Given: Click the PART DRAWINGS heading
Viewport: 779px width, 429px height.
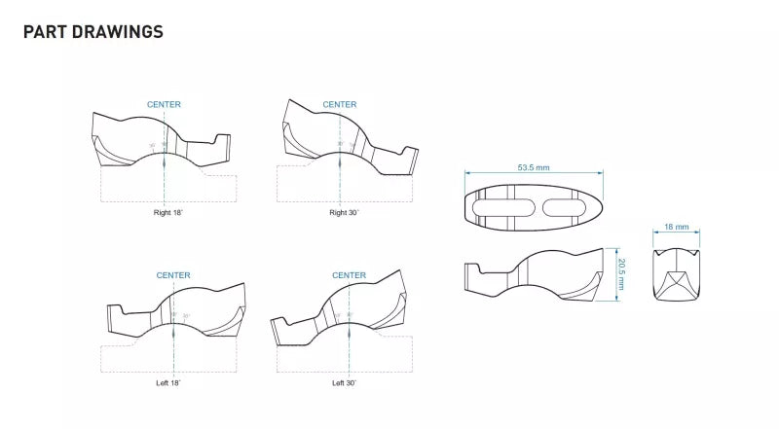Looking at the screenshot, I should tap(93, 32).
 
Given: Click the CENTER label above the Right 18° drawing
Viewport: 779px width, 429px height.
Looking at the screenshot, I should tap(164, 104).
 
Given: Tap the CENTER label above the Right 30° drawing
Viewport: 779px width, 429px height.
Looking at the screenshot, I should tap(340, 104).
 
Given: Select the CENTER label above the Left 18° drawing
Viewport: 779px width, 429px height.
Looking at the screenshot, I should tap(173, 275).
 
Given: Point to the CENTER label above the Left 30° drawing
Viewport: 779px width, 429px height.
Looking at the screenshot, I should tap(349, 275).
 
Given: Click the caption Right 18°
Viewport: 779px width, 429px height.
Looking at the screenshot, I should tap(167, 212).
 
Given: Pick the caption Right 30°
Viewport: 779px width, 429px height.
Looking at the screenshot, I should tap(343, 212).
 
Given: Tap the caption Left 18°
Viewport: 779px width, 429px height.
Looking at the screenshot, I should tap(167, 382).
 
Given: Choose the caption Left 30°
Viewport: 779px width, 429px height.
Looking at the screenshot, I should tap(344, 382).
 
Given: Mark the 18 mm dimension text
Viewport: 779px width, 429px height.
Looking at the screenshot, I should tap(676, 227).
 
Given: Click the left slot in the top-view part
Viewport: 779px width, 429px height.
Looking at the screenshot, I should tap(503, 205).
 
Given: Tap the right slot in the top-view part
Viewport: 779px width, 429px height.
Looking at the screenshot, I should tap(564, 205).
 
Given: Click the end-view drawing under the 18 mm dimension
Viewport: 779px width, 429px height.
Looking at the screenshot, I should tap(676, 275).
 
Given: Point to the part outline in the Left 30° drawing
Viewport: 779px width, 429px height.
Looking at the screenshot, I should tap(341, 316).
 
